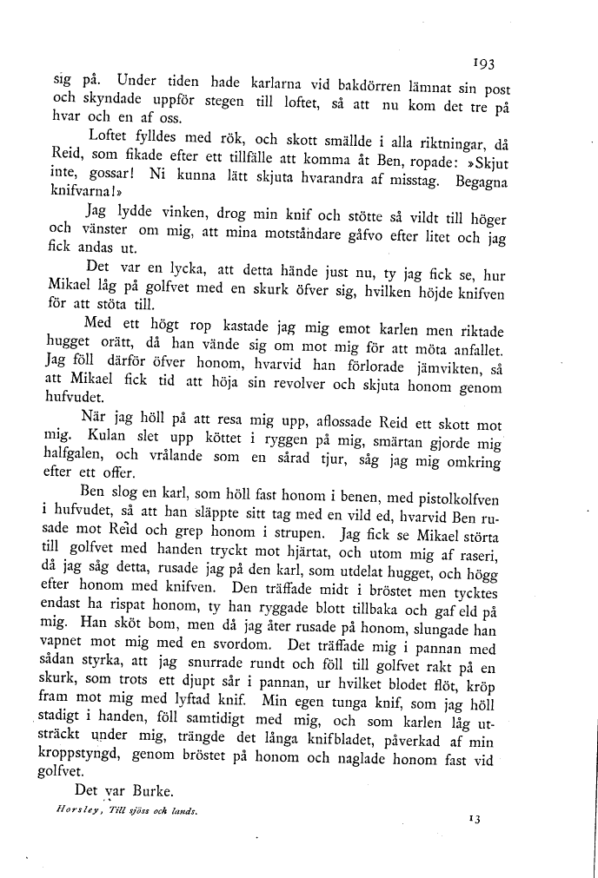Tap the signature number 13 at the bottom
475,817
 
